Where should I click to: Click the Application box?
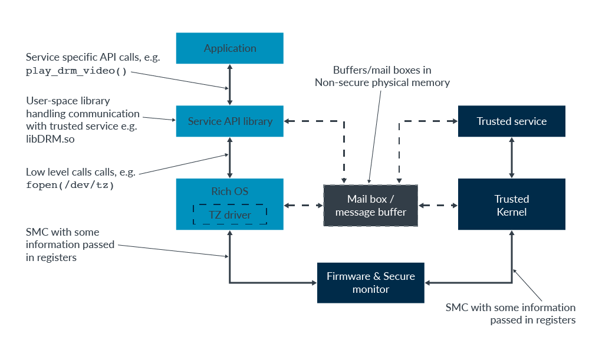point(230,48)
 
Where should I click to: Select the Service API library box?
point(230,121)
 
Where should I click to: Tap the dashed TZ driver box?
point(230,215)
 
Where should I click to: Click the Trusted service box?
point(511,121)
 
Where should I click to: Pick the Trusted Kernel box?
point(511,204)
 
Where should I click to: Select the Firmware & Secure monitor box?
point(370,283)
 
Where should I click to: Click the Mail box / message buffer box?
point(370,206)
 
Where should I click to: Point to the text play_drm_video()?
point(77,71)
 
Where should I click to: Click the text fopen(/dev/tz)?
point(70,186)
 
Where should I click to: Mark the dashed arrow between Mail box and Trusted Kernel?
point(438,206)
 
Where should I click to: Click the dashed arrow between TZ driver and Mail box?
point(304,206)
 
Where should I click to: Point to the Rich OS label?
point(230,191)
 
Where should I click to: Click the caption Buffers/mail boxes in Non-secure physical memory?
point(382,77)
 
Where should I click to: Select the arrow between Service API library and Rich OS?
point(230,158)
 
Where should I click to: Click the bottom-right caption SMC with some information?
point(511,313)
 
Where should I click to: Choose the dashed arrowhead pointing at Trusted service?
point(455,121)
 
